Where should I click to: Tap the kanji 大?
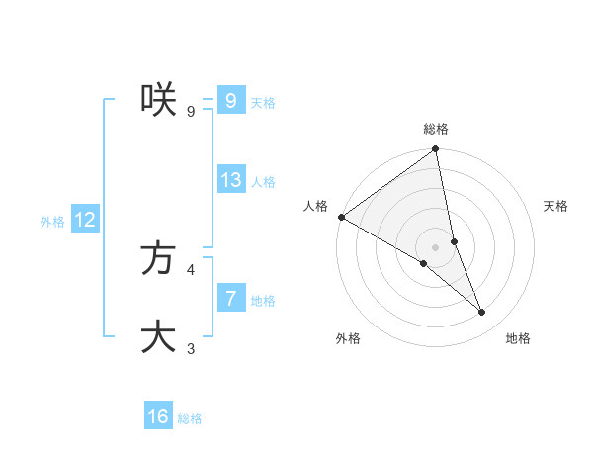158,336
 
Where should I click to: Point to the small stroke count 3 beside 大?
191,348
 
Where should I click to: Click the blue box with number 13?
231,180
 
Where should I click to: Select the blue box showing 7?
231,299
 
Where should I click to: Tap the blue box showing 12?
85,221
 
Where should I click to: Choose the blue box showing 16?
158,417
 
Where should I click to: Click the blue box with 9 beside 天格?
231,101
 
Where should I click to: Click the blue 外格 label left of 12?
52,222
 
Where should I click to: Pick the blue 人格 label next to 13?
263,182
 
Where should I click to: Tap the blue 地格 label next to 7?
263,301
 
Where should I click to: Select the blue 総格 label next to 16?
190,418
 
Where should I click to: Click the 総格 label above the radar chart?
436,129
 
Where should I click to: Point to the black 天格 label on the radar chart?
556,206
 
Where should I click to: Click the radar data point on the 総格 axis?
436,150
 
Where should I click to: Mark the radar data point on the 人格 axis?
341,217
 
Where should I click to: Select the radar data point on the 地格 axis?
482,313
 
